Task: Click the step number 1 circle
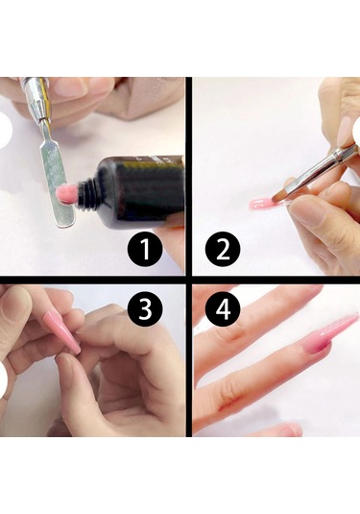coord(145,249)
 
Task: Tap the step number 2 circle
coord(223,249)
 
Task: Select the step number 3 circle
coord(145,309)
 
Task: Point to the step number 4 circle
coord(223,309)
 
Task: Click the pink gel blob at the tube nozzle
coord(66,192)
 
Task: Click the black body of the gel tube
coord(141,192)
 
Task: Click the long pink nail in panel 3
coord(62,331)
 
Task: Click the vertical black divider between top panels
coord(188,177)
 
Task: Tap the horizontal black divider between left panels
coord(92,280)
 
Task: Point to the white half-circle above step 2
coord(358,131)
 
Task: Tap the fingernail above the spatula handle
coord(70,86)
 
